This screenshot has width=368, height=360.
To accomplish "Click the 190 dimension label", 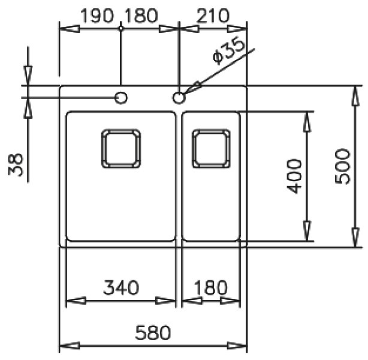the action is (x=97, y=16).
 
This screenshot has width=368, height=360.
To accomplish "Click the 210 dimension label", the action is (x=213, y=16).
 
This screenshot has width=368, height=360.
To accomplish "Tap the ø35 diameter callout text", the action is (x=228, y=51).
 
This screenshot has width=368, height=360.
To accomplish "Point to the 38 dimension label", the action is (x=16, y=164).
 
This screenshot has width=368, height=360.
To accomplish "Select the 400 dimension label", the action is (x=294, y=176).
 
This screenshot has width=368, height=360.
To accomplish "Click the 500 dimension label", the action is (x=342, y=166).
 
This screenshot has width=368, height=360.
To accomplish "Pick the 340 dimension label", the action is (x=121, y=287).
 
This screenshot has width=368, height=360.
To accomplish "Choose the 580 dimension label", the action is (x=153, y=332).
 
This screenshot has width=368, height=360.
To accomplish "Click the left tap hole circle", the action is (x=121, y=98).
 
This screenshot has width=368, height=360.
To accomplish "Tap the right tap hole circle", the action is (x=179, y=98).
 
